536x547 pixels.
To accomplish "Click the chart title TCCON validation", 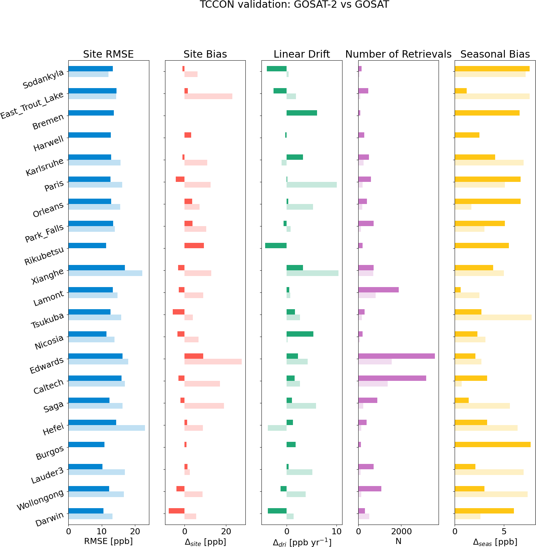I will tap(294, 5).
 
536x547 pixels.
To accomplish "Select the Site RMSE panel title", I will tap(108, 54).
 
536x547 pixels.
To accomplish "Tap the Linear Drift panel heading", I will tap(301, 54).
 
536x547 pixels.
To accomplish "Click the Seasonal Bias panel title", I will tap(495, 54).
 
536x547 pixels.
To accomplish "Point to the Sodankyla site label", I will tap(43, 80).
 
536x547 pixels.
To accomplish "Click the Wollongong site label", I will tap(40, 500).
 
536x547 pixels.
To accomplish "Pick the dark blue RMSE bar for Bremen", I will tap(91, 113).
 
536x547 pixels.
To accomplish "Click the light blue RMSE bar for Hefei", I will tap(106, 428).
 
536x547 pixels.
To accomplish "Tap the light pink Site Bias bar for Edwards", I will tap(213, 362).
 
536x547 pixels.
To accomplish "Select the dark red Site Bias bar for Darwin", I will tap(176, 511).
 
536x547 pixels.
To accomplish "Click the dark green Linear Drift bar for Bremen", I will tap(302, 113).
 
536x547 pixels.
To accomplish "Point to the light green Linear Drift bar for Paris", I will tap(311, 185).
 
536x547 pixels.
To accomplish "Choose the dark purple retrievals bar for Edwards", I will tap(396, 356).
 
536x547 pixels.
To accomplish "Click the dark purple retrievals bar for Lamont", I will tap(378, 290).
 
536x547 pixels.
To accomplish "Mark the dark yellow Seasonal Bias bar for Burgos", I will tap(492, 445).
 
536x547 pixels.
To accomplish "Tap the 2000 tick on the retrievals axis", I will tap(401, 532).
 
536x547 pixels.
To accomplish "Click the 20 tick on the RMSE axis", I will tap(135, 532).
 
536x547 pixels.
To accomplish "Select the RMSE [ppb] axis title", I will tap(108, 542).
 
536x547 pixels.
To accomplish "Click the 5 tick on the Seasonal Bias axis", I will tap(504, 532).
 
